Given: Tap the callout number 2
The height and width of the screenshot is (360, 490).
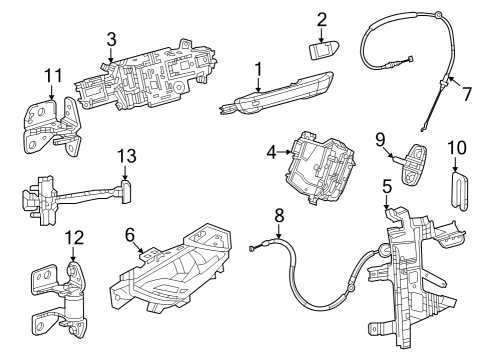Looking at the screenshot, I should tap(321, 19).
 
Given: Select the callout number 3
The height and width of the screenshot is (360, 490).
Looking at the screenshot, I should tap(111, 39).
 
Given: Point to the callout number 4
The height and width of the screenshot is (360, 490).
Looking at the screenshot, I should tap(271, 153).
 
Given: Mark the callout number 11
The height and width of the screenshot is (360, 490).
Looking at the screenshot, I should tap(53, 74).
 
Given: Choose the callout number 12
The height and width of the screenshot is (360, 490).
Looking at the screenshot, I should tap(71, 237).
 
